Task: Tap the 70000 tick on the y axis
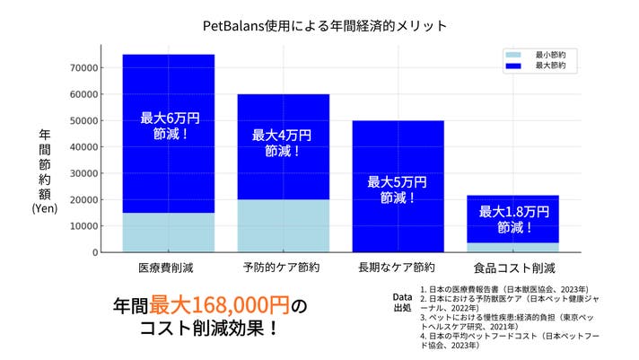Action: click(x=83, y=67)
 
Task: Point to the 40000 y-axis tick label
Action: click(x=83, y=146)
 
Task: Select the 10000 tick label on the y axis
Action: click(x=83, y=226)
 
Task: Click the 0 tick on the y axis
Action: click(x=93, y=252)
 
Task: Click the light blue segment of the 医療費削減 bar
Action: click(x=168, y=232)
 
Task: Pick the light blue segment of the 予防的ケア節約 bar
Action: click(x=283, y=225)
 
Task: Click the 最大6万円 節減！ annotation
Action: click(x=168, y=125)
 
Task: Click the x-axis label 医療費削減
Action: click(x=168, y=268)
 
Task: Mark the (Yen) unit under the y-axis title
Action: click(x=45, y=208)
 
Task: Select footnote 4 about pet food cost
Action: click(x=503, y=340)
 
